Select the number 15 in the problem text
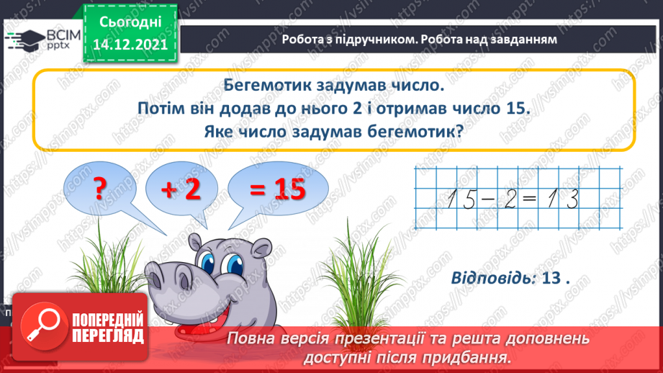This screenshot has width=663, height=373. pos(514,109)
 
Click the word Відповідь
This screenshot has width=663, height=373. pos(492,279)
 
